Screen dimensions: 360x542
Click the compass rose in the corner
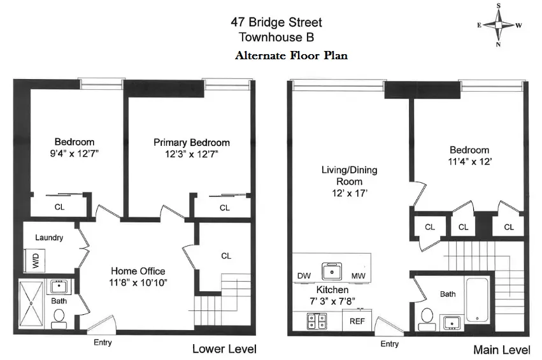pyautogui.click(x=499, y=25)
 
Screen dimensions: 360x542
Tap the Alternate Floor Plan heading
pyautogui.click(x=291, y=55)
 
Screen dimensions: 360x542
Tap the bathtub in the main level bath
pyautogui.click(x=476, y=299)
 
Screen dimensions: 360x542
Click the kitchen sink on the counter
pyautogui.click(x=331, y=271)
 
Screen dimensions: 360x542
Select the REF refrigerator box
pyautogui.click(x=357, y=320)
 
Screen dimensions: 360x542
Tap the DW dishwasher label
pyautogui.click(x=303, y=276)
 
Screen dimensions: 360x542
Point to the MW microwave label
pyautogui.click(x=358, y=276)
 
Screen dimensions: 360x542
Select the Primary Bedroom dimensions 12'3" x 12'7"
pyautogui.click(x=191, y=154)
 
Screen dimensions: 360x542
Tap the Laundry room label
pyautogui.click(x=49, y=238)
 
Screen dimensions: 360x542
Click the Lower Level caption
pyautogui.click(x=224, y=349)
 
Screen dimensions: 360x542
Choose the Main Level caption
pyautogui.click(x=501, y=350)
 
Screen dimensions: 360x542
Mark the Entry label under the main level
pyautogui.click(x=389, y=344)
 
